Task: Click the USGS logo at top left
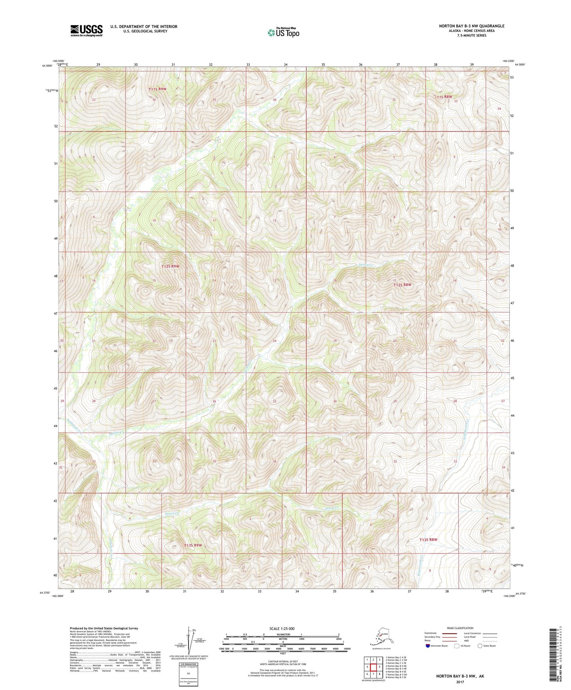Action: [x=87, y=30]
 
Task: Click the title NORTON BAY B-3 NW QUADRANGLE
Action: [x=471, y=26]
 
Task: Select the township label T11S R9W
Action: [x=157, y=89]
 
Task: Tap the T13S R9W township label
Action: [x=193, y=545]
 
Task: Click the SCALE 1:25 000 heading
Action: [x=282, y=628]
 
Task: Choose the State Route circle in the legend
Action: [x=480, y=646]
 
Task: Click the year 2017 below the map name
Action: [x=460, y=682]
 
